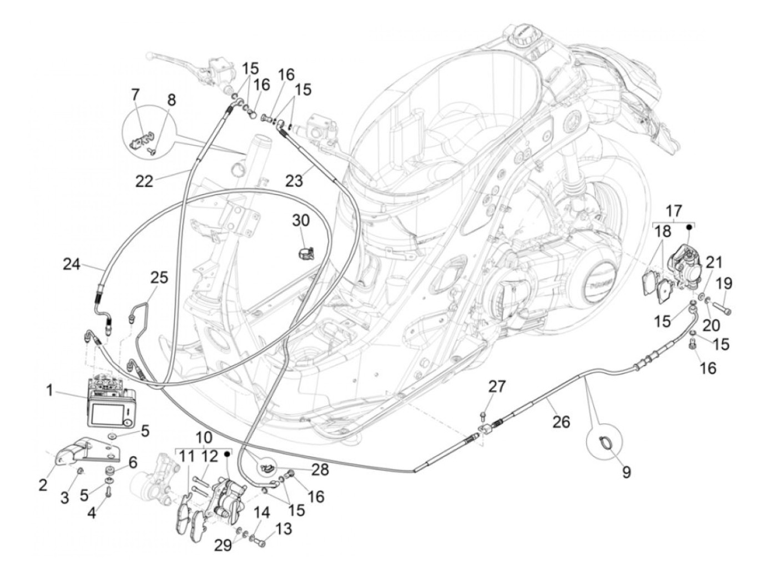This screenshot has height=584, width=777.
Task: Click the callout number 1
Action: pos(49,391)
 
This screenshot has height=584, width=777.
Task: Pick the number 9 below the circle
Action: pos(626,472)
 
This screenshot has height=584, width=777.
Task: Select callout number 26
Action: pos(561,422)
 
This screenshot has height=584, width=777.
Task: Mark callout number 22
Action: pos(145,181)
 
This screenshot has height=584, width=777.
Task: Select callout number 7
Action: pos(135,94)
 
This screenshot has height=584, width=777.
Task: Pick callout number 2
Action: pos(43,486)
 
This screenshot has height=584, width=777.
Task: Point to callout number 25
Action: pos(158,277)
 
